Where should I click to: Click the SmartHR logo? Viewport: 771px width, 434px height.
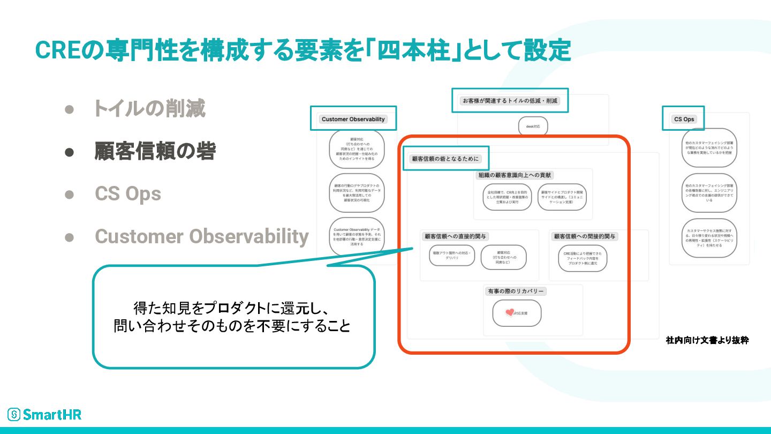click(x=44, y=414)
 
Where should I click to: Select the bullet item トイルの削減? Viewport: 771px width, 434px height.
click(x=149, y=109)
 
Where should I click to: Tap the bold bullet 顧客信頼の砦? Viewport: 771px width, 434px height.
click(x=155, y=152)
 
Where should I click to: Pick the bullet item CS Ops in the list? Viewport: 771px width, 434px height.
click(x=128, y=193)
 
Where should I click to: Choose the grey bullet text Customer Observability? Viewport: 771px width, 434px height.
click(x=202, y=236)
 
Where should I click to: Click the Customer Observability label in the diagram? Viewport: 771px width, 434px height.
click(x=353, y=119)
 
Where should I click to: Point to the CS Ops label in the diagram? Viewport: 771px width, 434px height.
click(x=684, y=119)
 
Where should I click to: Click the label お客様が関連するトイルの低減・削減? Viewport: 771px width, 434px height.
click(x=510, y=100)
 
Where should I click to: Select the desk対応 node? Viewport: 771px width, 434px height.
click(x=533, y=126)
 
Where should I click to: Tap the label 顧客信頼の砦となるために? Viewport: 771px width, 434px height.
click(x=445, y=159)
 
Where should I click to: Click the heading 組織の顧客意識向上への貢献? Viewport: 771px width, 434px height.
click(x=515, y=175)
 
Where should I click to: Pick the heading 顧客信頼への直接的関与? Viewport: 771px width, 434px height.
click(x=456, y=236)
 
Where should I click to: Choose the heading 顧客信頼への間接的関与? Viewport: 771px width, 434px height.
click(x=585, y=236)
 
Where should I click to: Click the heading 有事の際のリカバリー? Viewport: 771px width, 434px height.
click(x=516, y=291)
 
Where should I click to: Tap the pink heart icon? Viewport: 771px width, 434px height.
click(x=509, y=312)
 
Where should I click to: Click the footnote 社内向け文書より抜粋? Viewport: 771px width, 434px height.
click(x=707, y=340)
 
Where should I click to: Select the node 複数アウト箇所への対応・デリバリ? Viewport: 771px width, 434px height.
click(x=452, y=255)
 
